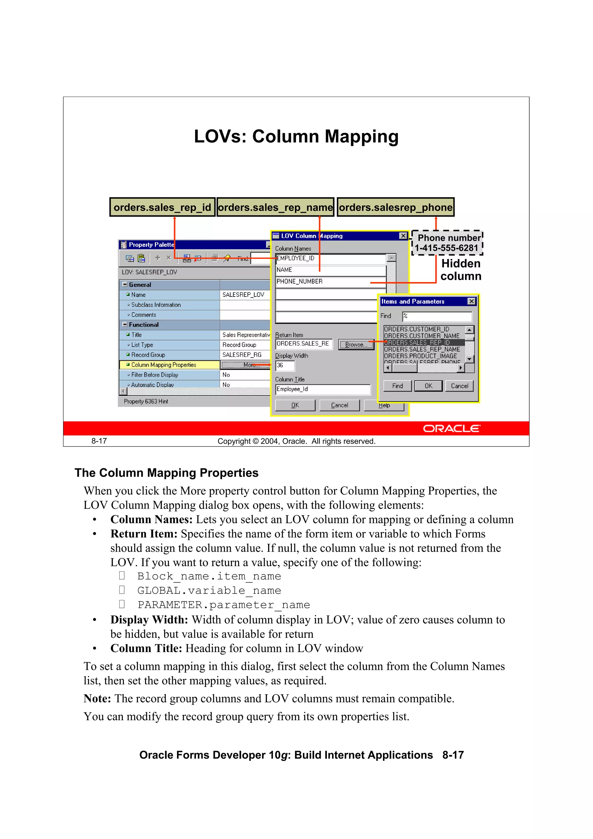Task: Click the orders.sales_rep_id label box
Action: point(162,207)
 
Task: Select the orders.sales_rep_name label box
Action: point(275,207)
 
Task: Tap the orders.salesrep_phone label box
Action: point(396,207)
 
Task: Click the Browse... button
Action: point(356,345)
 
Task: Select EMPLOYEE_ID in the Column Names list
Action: point(295,258)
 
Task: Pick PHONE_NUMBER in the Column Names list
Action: point(300,282)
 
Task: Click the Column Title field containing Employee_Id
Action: point(323,389)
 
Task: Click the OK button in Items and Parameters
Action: point(428,386)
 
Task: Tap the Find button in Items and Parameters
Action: point(397,386)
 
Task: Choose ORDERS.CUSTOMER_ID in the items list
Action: point(417,329)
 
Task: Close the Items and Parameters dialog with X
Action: point(471,301)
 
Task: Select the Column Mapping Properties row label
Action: point(164,365)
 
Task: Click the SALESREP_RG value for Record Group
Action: point(242,355)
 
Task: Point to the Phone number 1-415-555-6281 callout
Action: point(447,243)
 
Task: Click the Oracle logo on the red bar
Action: point(452,429)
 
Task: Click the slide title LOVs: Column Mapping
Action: point(296,137)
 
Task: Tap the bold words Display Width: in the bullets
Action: point(149,620)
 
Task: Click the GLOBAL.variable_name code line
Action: point(209,591)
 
